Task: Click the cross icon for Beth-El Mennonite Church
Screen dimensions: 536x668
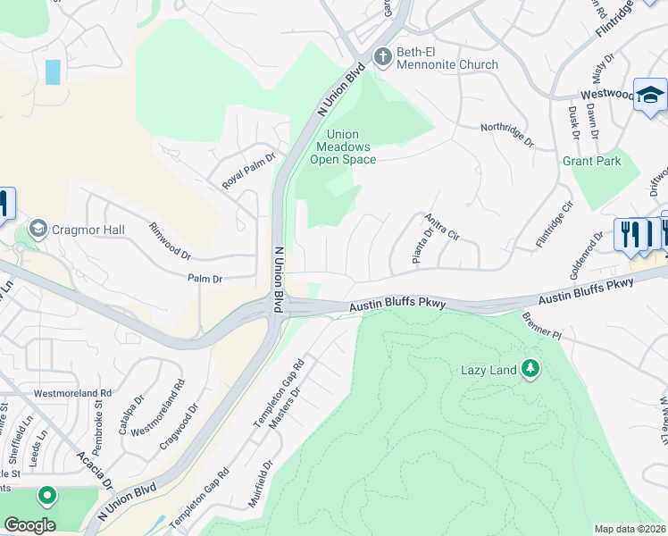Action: pyautogui.click(x=382, y=56)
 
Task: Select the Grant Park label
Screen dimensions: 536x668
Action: pyautogui.click(x=591, y=162)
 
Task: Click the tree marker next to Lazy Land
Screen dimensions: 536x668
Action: pyautogui.click(x=530, y=369)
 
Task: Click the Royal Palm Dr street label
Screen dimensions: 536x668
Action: pyautogui.click(x=249, y=172)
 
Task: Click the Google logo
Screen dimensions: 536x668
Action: pyautogui.click(x=29, y=525)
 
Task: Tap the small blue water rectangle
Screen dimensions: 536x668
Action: pyautogui.click(x=54, y=71)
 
